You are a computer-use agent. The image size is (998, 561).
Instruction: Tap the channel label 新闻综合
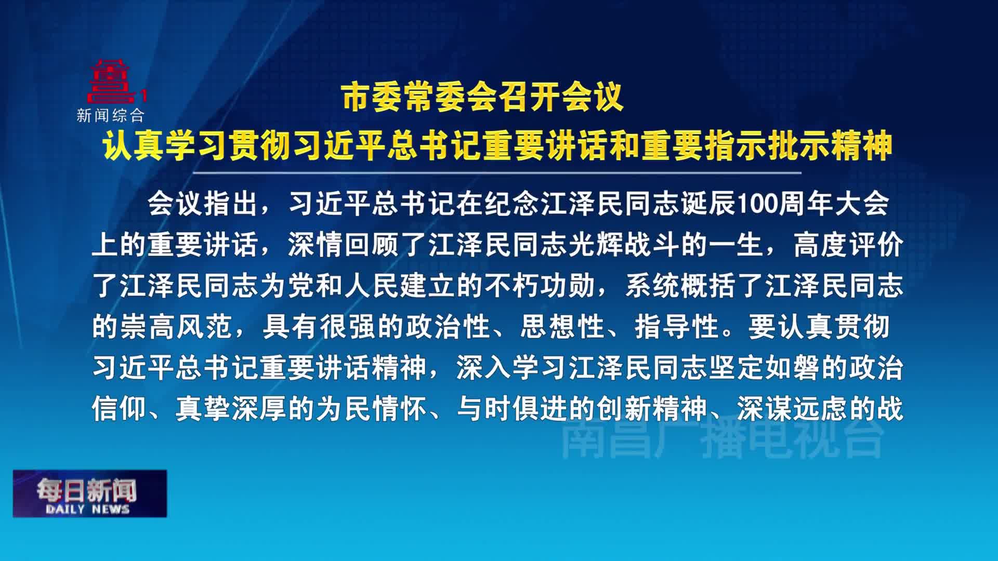[110, 115]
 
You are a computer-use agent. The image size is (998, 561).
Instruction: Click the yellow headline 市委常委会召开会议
[482, 97]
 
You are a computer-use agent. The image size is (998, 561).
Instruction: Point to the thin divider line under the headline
[496, 172]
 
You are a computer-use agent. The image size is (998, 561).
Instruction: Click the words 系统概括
[681, 286]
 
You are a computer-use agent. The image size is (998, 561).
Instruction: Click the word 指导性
[676, 327]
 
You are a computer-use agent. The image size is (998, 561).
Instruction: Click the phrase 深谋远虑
[793, 409]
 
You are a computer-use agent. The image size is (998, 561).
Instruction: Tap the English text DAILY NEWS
[87, 509]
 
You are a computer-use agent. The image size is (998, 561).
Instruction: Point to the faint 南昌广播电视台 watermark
[723, 439]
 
